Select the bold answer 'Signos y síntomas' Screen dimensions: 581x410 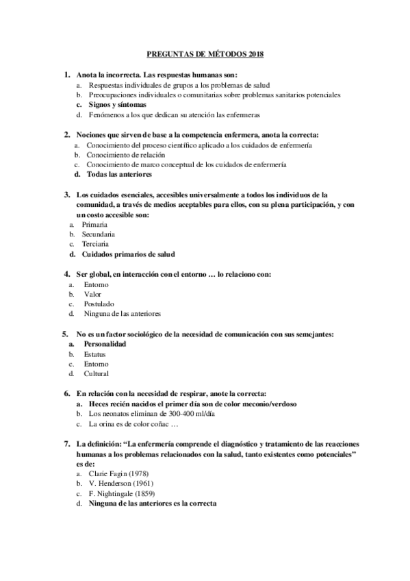(x=117, y=105)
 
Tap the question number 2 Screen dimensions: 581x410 (x=66, y=134)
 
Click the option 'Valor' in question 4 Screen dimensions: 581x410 (x=92, y=294)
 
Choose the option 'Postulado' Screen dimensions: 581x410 (x=99, y=304)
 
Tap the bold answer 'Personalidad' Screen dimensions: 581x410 (x=105, y=344)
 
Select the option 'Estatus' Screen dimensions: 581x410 (x=96, y=354)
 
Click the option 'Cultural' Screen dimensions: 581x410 (x=97, y=374)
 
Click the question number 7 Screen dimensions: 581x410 (x=66, y=444)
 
